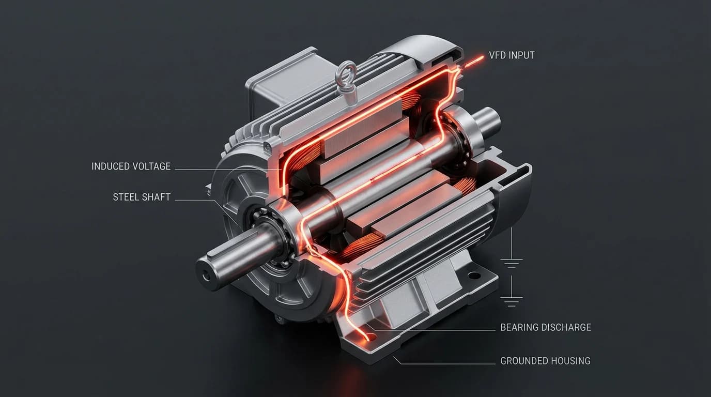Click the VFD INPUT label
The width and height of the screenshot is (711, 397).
pyautogui.click(x=512, y=55)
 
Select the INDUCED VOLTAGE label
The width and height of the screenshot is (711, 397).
pyautogui.click(x=131, y=166)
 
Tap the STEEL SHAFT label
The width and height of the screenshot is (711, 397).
pyautogui.click(x=142, y=197)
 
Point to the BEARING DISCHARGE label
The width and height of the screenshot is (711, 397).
pyautogui.click(x=546, y=327)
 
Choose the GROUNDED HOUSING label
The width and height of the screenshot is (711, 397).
pyautogui.click(x=545, y=361)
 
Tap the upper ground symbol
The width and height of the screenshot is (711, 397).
pyautogui.click(x=511, y=264)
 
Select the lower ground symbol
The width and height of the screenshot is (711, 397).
pyautogui.click(x=511, y=301)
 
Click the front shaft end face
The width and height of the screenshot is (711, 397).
pyautogui.click(x=207, y=274)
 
